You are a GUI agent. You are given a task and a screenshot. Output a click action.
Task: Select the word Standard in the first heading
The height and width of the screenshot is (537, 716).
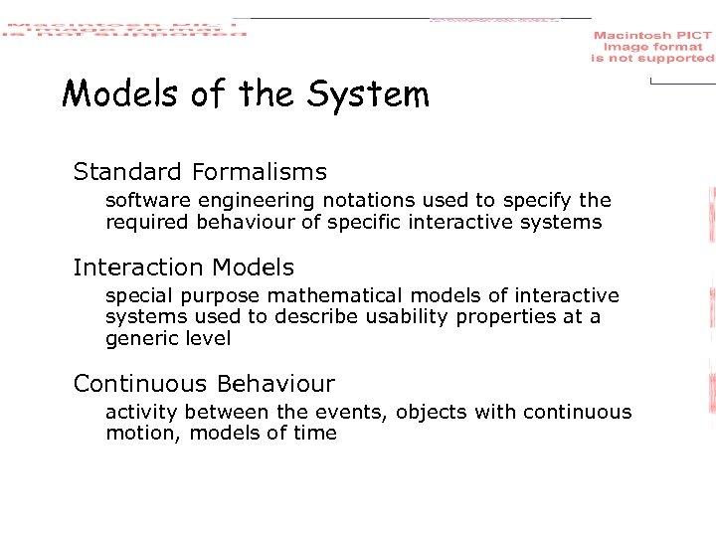pos(128,172)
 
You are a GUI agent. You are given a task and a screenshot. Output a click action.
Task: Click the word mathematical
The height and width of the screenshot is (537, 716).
pos(386,295)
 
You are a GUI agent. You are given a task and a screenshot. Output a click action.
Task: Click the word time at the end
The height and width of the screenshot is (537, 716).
pos(316,433)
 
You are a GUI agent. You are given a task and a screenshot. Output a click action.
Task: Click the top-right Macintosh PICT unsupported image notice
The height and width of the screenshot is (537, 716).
pos(652,47)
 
